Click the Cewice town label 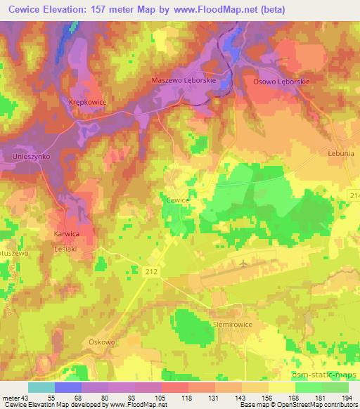177,200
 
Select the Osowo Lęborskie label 281,82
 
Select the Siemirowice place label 233,325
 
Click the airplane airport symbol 243,264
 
